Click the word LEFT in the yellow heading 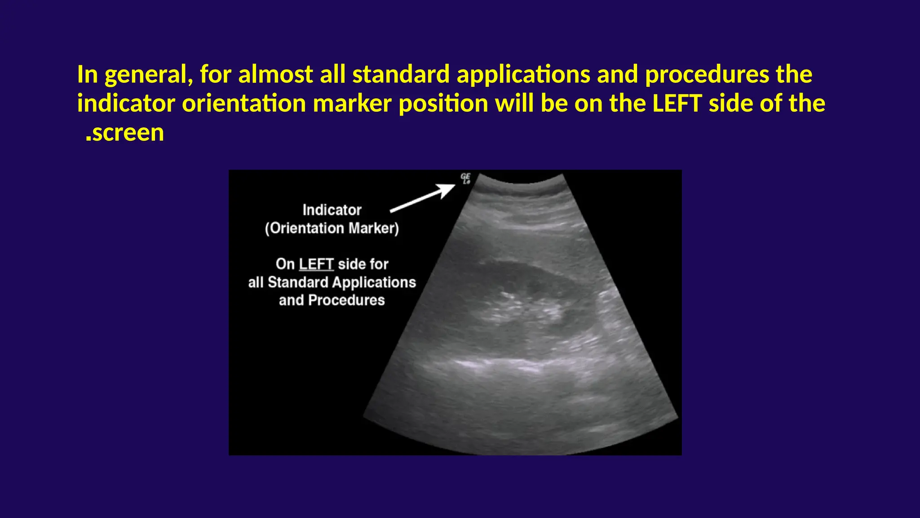point(677,103)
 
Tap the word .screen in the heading point(125,133)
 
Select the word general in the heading point(149,75)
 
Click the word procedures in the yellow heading point(707,75)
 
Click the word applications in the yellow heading point(523,75)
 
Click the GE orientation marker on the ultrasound point(465,179)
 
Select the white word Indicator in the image point(332,210)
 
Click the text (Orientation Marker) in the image point(332,228)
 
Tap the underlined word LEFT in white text point(316,264)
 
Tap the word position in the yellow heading point(443,103)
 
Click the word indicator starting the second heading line point(126,103)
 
